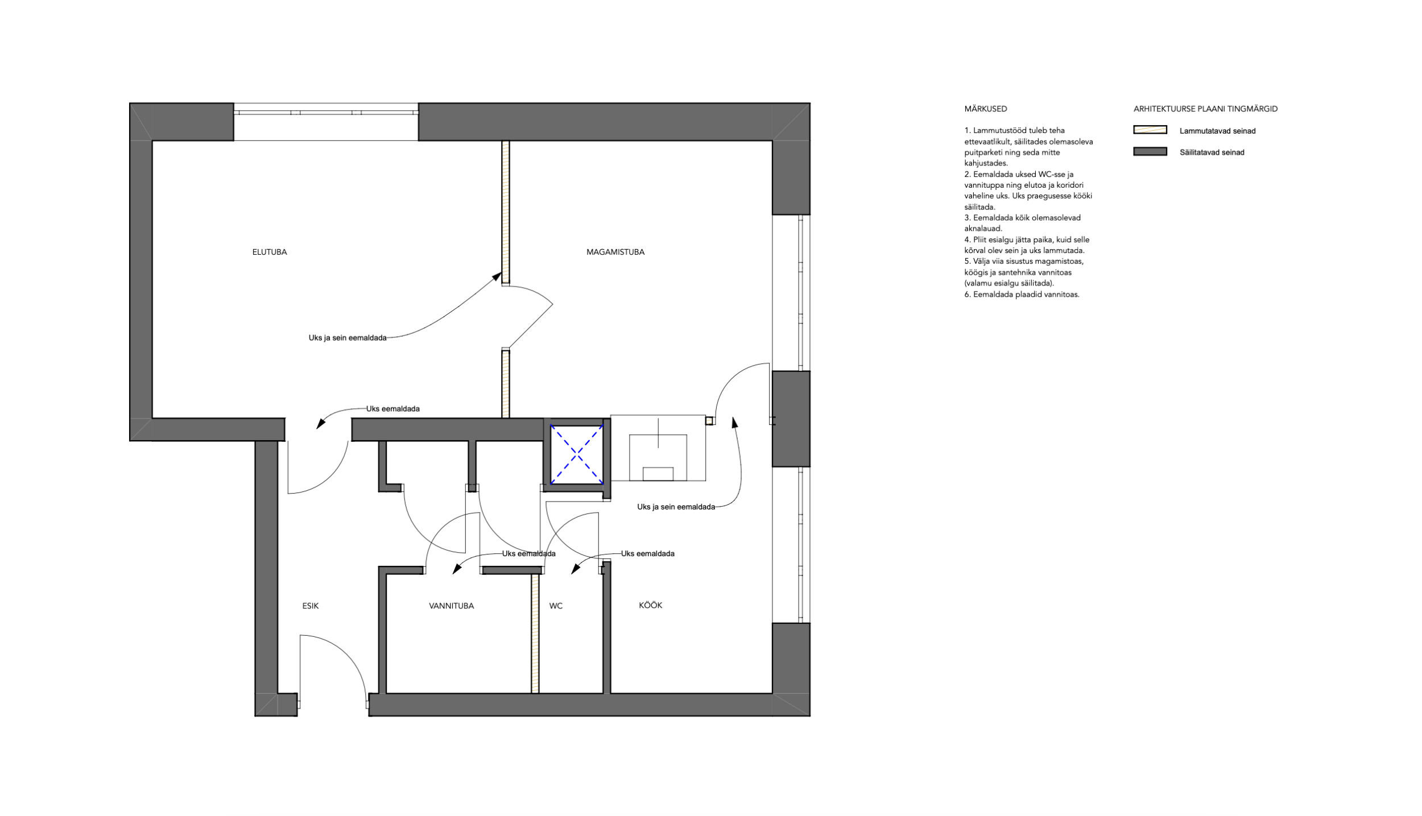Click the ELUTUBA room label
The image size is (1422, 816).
[x=270, y=252]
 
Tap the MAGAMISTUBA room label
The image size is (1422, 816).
[x=615, y=252]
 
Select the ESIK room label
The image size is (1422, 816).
[x=311, y=606]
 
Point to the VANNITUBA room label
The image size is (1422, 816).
[x=451, y=606]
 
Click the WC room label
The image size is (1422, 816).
[x=556, y=606]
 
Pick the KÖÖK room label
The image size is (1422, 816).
[x=651, y=605]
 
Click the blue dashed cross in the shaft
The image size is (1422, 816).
[x=577, y=454]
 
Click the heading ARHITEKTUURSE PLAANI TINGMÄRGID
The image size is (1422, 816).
[x=1206, y=109]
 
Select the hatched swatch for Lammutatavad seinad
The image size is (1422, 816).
[x=1150, y=130]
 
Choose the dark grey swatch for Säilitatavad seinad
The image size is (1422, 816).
[x=1150, y=152]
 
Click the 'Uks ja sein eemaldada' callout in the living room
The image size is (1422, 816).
[x=348, y=338]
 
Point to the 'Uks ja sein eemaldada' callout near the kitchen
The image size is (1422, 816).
[x=676, y=507]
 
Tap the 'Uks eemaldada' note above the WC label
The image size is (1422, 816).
[x=648, y=553]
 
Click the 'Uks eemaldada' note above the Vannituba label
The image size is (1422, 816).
[x=528, y=553]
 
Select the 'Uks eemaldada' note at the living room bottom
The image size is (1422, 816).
[x=393, y=408]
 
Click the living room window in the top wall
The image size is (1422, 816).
[x=326, y=122]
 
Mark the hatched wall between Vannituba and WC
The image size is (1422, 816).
[x=535, y=633]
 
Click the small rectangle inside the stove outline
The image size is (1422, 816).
[x=658, y=474]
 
